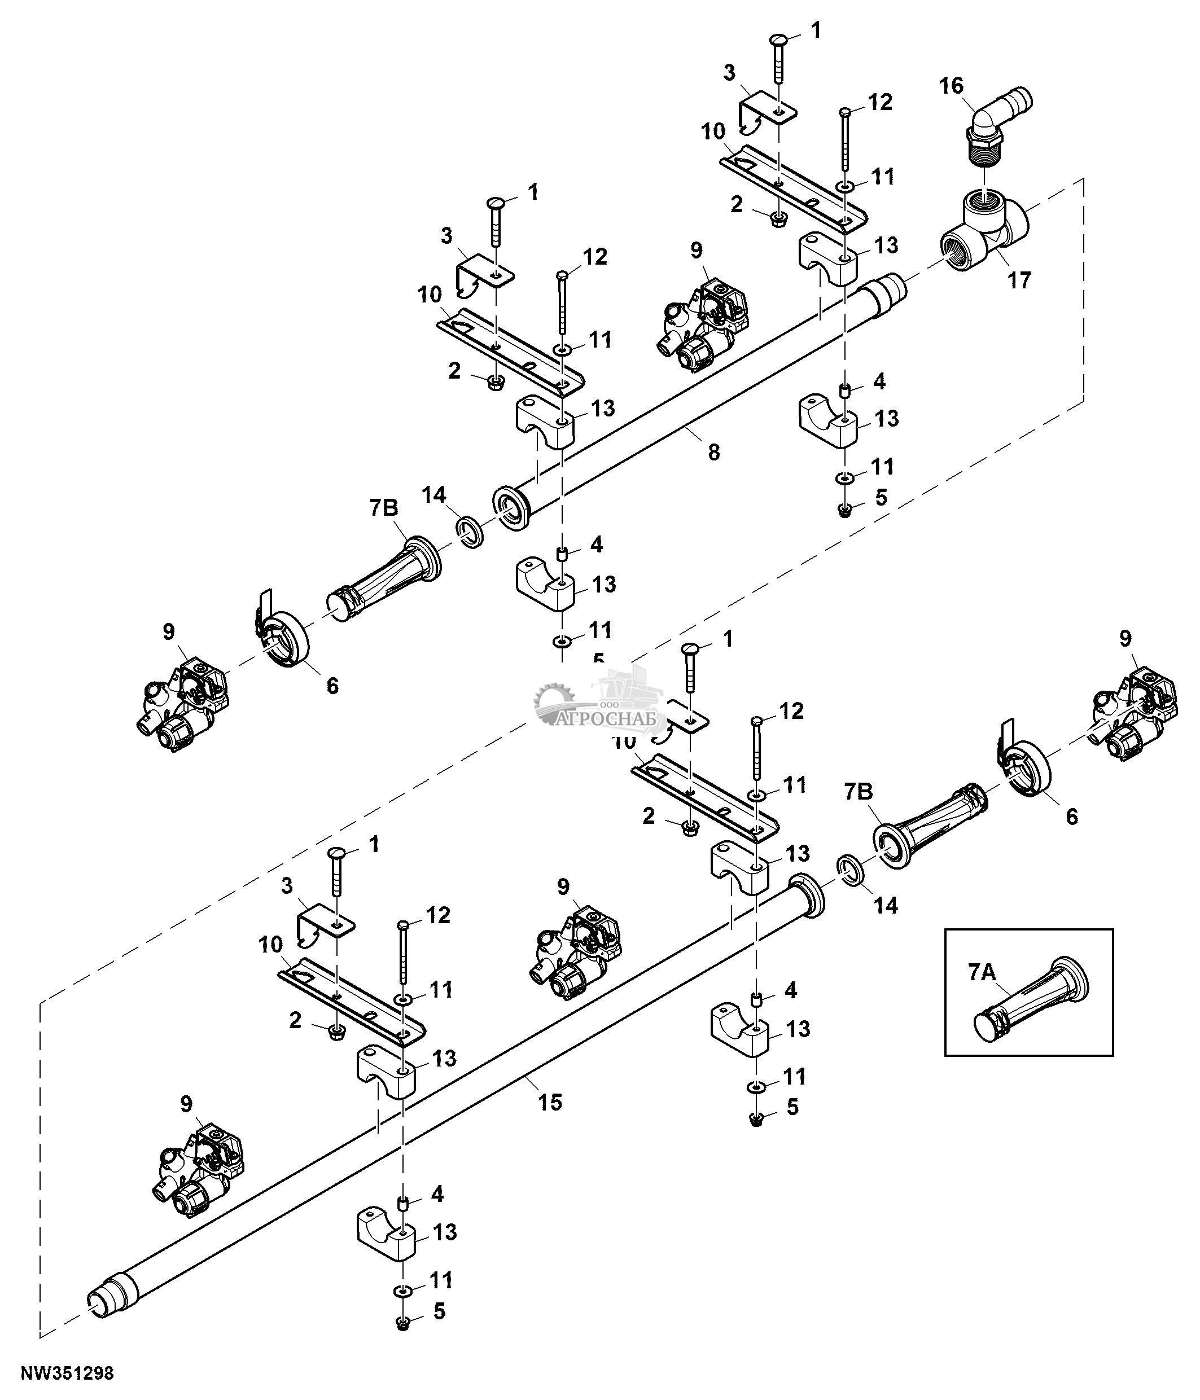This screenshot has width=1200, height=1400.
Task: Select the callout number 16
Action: (x=951, y=86)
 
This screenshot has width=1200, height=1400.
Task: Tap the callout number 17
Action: (x=1019, y=279)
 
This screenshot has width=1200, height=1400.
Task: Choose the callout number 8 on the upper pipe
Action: (x=713, y=451)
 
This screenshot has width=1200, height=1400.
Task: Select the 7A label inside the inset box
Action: (x=982, y=972)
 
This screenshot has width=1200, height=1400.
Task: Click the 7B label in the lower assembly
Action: (x=859, y=791)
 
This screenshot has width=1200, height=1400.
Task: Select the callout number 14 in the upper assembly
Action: (x=434, y=495)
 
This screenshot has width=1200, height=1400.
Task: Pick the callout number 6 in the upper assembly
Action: (x=332, y=686)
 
